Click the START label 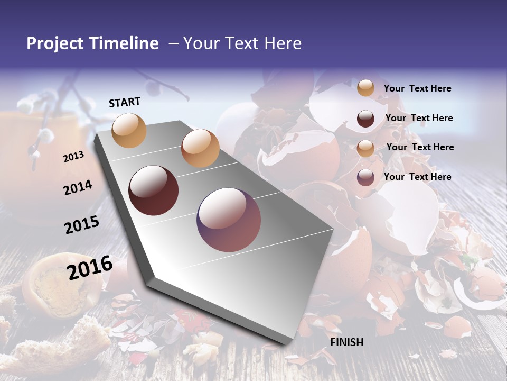coord(125,102)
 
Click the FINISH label coord(346,342)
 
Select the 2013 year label coord(73,157)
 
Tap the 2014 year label coord(78,188)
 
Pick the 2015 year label coord(82,225)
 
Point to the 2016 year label coord(90,268)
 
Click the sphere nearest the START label coord(129,130)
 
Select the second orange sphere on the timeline coord(200,148)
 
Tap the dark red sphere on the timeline coord(154,190)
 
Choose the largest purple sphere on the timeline coord(229,220)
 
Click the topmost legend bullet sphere coord(365,88)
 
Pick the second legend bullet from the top coord(365,119)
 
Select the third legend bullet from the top coord(365,148)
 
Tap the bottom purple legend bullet coord(365,177)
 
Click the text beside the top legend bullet coord(417,89)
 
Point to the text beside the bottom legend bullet coord(417,177)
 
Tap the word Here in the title coord(283,43)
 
